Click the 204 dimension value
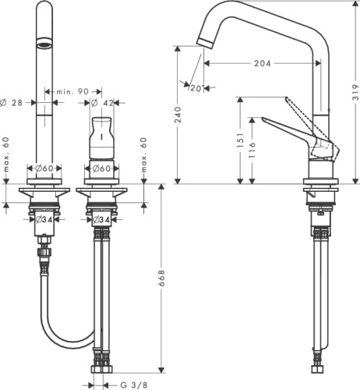coord(262,63)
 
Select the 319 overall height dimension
coord(356,92)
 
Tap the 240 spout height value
coord(178,115)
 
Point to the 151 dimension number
coord(240,140)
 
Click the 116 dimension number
coord(252,150)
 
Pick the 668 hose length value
coord(161,278)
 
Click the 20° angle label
coord(196,88)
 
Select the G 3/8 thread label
coord(134,385)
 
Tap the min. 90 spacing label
coord(72,91)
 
